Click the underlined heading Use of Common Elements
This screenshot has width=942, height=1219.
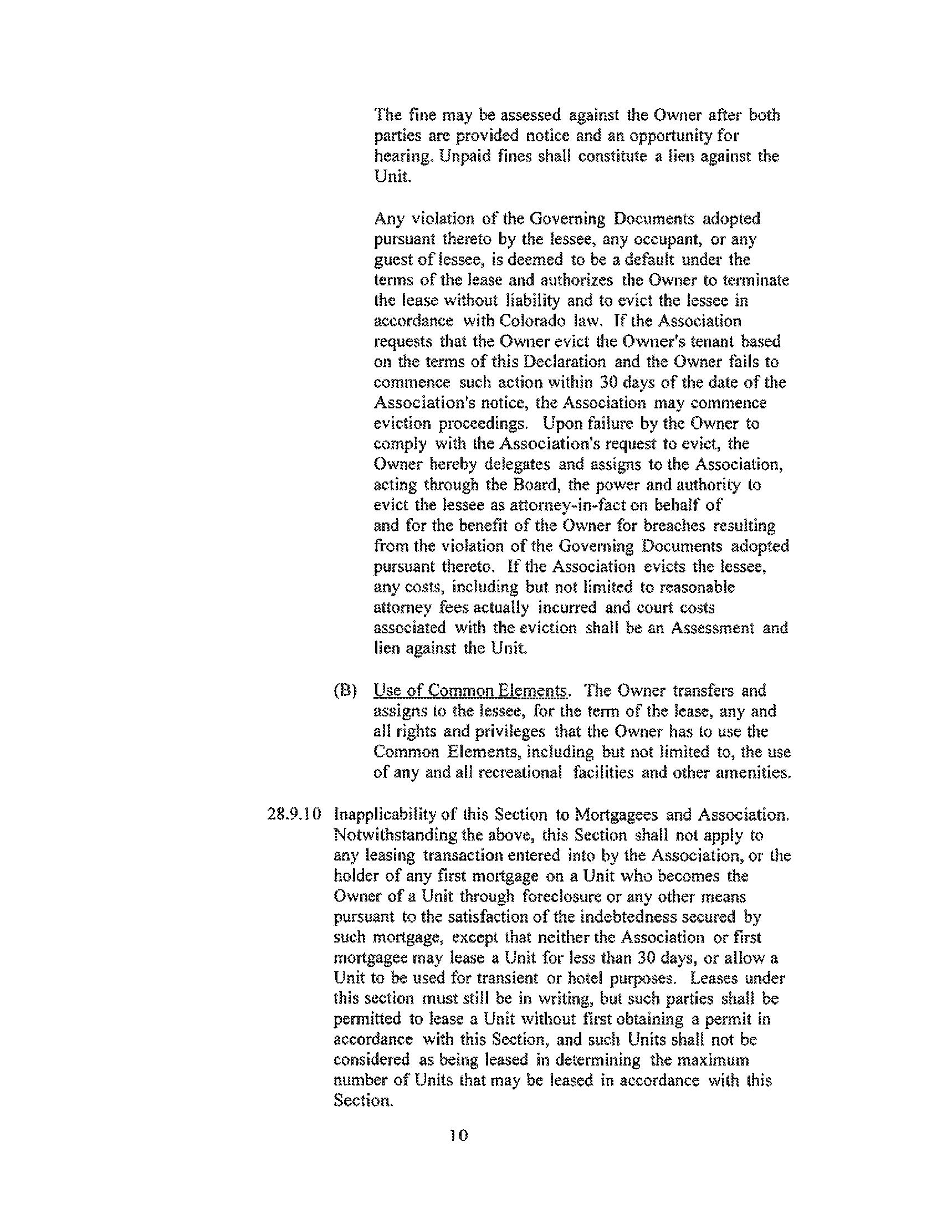coord(470,691)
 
